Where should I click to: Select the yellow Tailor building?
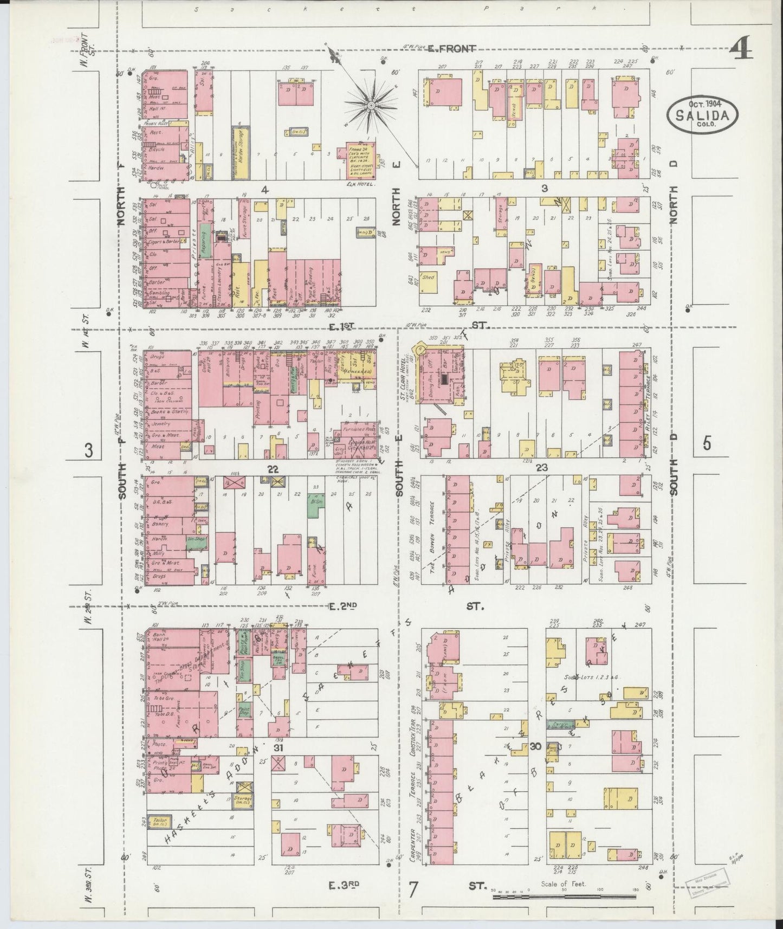click(159, 822)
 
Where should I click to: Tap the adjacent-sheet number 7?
click(414, 891)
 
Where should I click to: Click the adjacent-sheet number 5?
click(707, 444)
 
